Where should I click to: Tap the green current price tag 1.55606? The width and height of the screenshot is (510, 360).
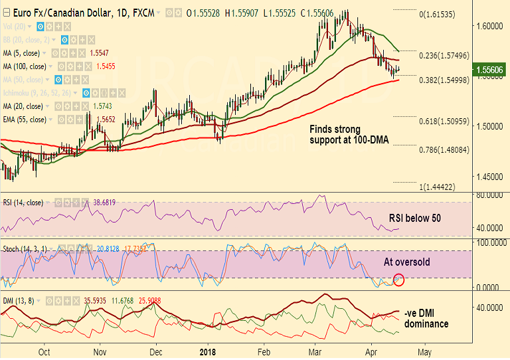pyautogui.click(x=491, y=69)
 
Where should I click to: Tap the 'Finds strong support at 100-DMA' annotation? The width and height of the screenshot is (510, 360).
pyautogui.click(x=349, y=135)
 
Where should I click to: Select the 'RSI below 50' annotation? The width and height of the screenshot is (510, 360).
pyautogui.click(x=415, y=218)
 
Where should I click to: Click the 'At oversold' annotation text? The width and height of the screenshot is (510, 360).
pyautogui.click(x=407, y=262)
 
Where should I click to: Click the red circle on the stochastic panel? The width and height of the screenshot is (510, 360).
pyautogui.click(x=399, y=280)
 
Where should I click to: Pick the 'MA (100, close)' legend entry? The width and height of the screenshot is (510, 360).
pyautogui.click(x=24, y=66)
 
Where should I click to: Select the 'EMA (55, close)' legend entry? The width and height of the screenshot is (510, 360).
pyautogui.click(x=25, y=120)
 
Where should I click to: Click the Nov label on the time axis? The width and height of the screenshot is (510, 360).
pyautogui.click(x=100, y=352)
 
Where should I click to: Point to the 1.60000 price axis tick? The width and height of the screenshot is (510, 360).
pyautogui.click(x=488, y=26)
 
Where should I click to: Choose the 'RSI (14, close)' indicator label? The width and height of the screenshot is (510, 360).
pyautogui.click(x=23, y=202)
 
